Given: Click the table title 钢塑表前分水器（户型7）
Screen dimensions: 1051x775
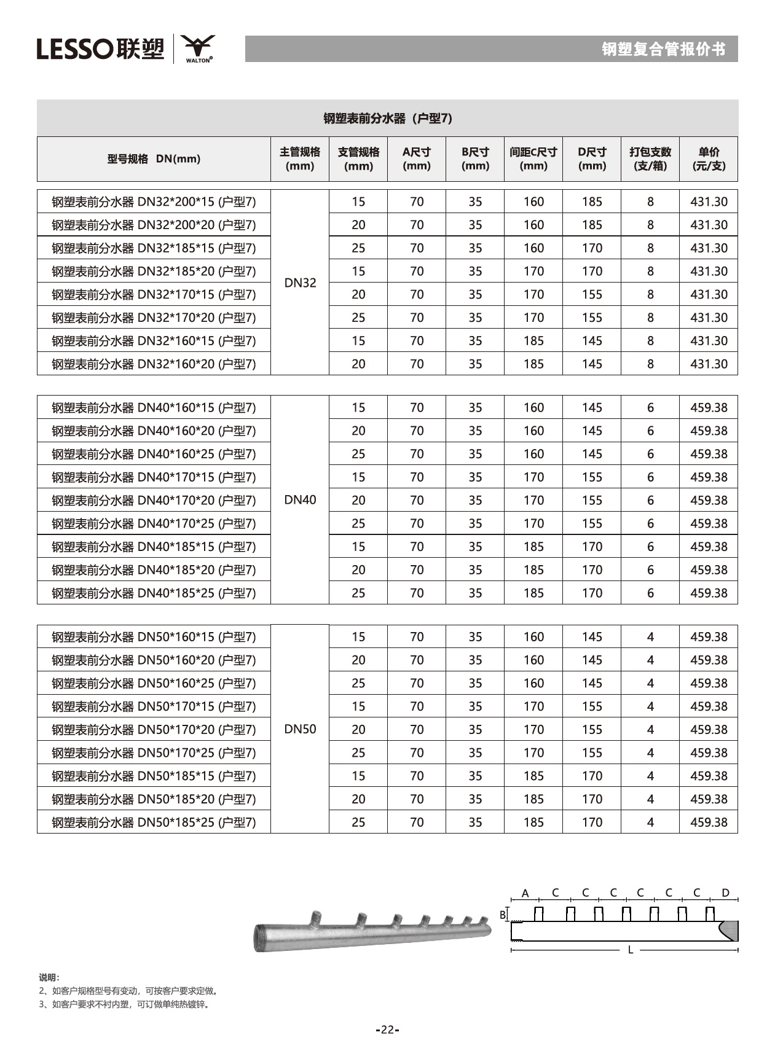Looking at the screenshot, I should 387,118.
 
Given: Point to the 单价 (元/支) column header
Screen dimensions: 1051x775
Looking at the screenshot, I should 708,158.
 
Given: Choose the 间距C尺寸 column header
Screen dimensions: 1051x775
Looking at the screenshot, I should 533,158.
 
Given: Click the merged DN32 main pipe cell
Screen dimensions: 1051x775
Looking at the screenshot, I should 300,283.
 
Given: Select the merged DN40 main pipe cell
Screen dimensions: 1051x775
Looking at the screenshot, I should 300,500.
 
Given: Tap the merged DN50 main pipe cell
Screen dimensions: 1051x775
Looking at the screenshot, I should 300,729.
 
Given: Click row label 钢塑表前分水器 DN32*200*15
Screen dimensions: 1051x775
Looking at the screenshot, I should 154,201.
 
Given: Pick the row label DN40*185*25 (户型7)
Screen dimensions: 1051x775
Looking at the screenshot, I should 154,593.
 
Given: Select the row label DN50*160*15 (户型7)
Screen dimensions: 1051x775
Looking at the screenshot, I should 154,637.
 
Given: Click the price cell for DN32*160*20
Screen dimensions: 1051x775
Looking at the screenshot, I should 708,364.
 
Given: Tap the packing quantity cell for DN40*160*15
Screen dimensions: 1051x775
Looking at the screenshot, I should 650,408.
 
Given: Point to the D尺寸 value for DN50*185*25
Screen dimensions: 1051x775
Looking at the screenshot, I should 592,822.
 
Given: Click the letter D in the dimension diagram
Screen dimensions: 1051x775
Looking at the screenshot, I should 725,893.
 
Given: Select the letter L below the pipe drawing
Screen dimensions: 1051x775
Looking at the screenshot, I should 630,950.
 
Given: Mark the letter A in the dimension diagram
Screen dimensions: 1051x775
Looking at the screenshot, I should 525,893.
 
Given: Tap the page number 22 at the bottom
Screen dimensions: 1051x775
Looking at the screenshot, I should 387,1030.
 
